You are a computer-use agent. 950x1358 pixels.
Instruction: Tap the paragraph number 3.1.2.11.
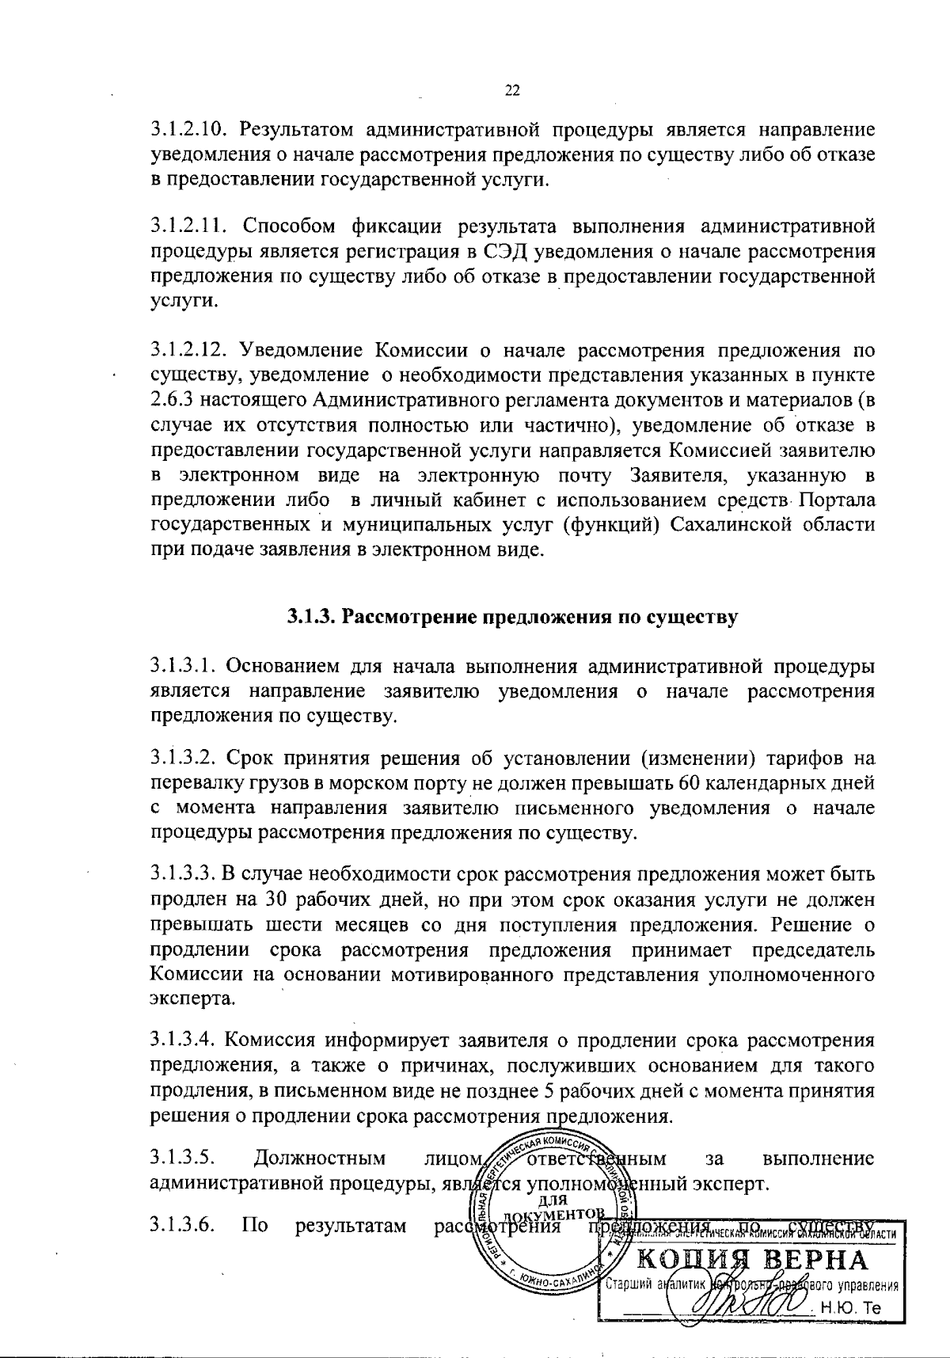pos(187,227)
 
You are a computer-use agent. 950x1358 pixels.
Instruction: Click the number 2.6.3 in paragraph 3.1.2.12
pos(170,401)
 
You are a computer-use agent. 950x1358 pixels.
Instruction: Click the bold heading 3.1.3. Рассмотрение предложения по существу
pos(512,617)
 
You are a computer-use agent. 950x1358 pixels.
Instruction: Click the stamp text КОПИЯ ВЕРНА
pos(752,1260)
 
